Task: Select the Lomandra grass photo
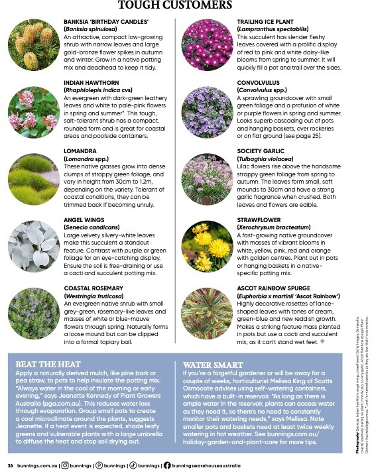coord(32,178)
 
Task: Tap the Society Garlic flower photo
coord(206,178)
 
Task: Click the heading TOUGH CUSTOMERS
coord(174,6)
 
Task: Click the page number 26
coord(10,465)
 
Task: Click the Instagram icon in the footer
coord(64,465)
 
